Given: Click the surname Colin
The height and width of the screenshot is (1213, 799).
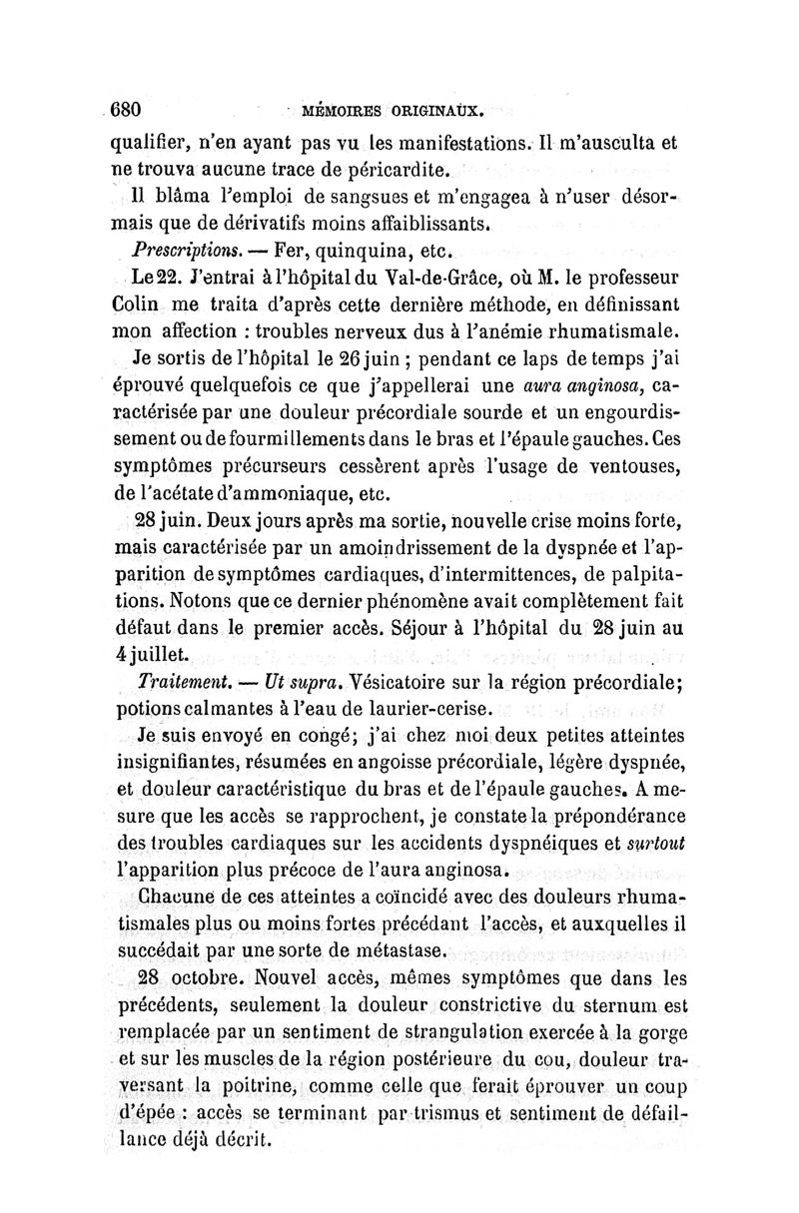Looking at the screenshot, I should (x=133, y=302).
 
